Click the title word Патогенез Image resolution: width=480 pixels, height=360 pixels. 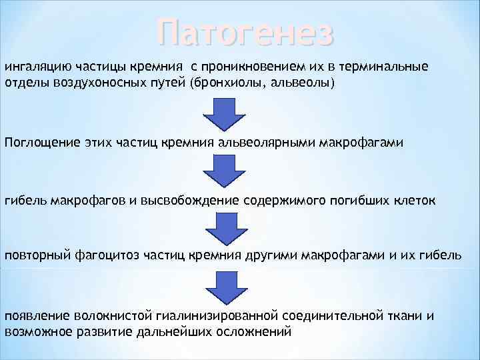point(245,33)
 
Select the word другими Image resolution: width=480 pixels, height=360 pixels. point(271,257)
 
